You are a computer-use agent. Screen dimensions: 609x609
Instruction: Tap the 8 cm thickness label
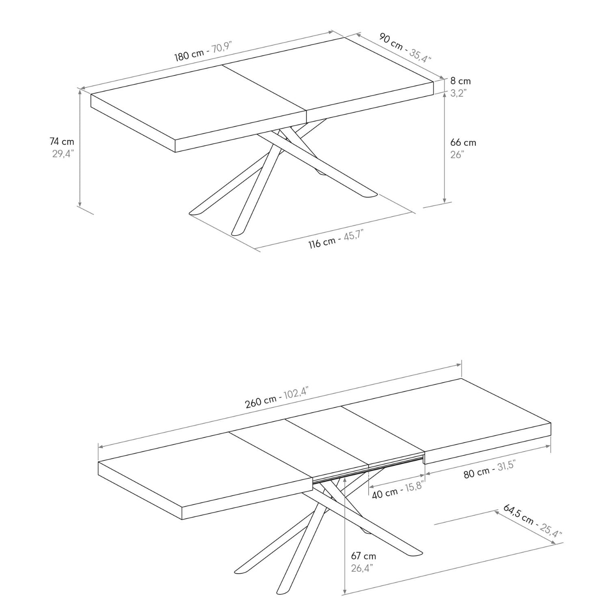460,81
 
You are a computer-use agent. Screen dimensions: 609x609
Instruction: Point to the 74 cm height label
62,142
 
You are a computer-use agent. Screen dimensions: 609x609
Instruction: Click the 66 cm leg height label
463,143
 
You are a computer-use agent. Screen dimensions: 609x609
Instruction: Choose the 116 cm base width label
322,243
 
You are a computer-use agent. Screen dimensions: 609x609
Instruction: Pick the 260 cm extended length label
260,402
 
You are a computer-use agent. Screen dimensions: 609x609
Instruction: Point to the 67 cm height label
363,556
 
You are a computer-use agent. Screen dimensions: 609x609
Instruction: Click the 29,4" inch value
62,154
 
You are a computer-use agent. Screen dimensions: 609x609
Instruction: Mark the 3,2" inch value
458,93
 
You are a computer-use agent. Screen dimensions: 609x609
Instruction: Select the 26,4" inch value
362,568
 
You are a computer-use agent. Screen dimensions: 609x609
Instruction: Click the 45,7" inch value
353,235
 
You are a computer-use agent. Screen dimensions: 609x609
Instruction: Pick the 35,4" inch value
420,56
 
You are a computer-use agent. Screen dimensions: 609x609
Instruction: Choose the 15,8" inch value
414,486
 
